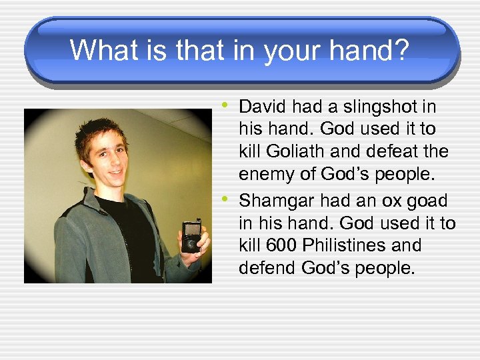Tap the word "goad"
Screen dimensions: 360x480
tap(427, 201)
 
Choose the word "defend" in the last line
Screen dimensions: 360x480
tap(267, 268)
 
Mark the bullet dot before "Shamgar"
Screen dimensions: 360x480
tap(227, 198)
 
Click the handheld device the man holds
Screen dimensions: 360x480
tap(191, 237)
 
